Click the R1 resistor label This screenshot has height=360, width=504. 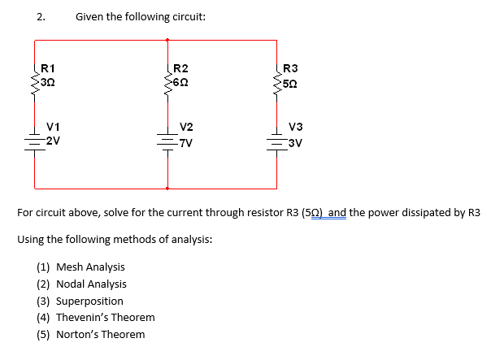48,68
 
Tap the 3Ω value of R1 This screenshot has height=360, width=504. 49,82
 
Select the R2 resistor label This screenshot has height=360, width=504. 180,68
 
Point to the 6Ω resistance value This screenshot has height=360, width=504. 181,82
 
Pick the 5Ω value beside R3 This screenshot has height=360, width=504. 290,82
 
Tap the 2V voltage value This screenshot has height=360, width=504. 53,140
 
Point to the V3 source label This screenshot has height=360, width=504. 295,127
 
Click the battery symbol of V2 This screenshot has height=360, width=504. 167,140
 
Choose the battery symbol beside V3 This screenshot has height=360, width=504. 276,140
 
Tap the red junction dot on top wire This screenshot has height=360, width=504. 167,38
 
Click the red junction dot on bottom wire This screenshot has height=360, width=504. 167,188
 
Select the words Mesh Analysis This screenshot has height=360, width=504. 90,267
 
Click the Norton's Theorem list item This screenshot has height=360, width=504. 100,334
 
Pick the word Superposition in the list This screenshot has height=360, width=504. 89,301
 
